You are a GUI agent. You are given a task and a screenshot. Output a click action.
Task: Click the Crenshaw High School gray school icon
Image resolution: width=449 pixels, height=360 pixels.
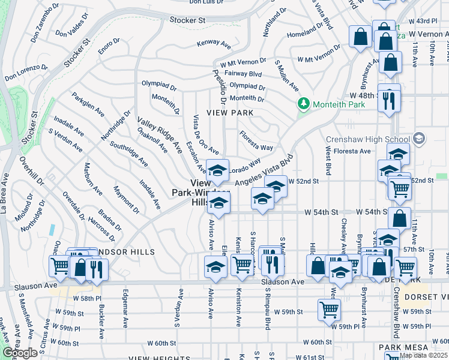click(x=418, y=139)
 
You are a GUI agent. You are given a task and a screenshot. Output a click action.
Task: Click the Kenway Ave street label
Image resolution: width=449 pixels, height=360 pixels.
click(x=214, y=44)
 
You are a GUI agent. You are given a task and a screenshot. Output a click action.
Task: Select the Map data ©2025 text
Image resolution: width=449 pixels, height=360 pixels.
click(x=423, y=355)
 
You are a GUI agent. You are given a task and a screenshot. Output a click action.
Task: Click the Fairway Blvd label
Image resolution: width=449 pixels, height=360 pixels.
click(x=247, y=74)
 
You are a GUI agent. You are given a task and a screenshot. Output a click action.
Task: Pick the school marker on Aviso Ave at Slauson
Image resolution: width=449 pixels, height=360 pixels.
click(x=215, y=267)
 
